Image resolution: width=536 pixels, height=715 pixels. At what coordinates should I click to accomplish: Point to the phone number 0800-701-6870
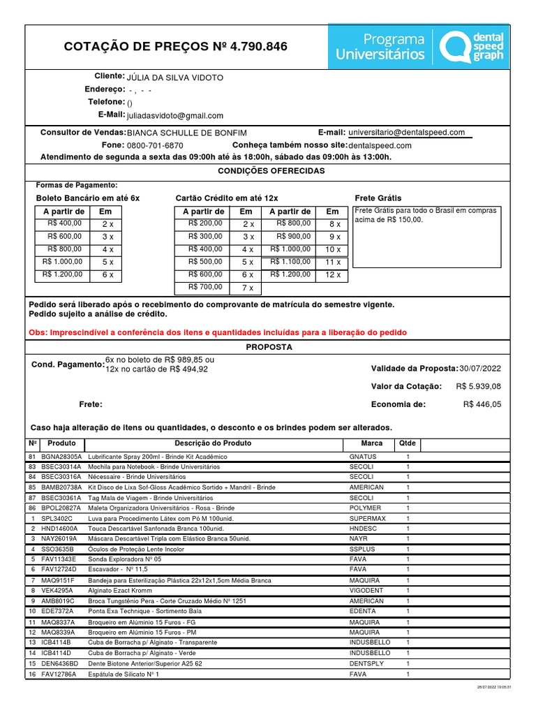tap(155, 146)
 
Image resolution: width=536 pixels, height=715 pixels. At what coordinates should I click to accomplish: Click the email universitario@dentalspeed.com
tap(407, 133)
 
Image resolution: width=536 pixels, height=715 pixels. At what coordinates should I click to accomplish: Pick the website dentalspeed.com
tap(380, 146)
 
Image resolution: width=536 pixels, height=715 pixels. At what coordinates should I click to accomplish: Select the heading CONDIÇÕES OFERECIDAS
tap(271, 171)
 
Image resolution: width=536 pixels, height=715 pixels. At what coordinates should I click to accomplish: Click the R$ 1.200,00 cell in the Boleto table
tap(62, 275)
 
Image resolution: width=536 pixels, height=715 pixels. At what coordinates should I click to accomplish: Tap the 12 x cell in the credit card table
tap(333, 275)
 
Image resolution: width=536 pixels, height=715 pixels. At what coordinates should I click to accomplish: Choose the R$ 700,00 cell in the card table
tap(205, 287)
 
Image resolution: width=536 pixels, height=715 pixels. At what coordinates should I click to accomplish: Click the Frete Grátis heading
tap(378, 198)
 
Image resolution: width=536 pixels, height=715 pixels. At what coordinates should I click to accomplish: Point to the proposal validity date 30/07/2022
tap(480, 369)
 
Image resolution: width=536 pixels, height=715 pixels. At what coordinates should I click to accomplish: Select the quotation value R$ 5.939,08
tap(479, 386)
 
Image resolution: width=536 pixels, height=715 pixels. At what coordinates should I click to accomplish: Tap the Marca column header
tap(371, 443)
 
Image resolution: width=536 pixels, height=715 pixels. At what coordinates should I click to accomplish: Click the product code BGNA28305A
tap(61, 456)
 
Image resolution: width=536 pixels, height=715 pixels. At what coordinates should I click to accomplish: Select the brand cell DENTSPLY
tap(366, 663)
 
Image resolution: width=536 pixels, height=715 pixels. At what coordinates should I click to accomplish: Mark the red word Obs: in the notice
tap(40, 333)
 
